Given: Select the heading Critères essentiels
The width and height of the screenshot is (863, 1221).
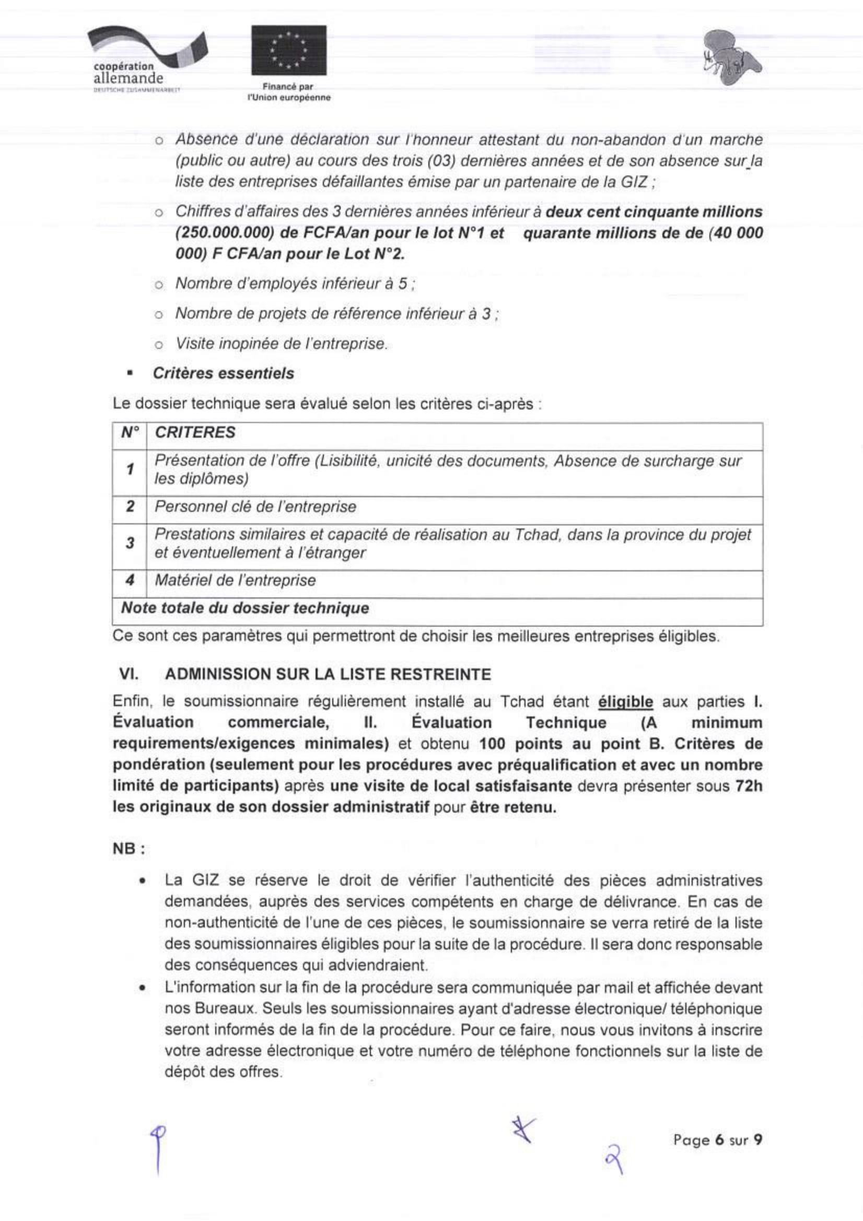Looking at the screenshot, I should pyautogui.click(x=223, y=373).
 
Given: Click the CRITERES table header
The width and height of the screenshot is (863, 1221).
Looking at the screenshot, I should pyautogui.click(x=195, y=432).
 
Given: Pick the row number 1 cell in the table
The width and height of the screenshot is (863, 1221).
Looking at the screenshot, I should pyautogui.click(x=129, y=469).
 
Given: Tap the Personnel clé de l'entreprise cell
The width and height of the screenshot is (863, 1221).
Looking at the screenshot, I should pyautogui.click(x=255, y=506).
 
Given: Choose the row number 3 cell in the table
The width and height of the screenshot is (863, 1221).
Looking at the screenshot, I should pyautogui.click(x=129, y=543).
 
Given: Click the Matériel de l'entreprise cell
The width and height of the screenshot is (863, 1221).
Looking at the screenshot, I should pyautogui.click(x=235, y=580).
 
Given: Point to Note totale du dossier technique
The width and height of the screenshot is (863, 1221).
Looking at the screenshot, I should pyautogui.click(x=245, y=608).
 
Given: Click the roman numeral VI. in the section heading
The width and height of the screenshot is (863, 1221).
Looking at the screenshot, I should pyautogui.click(x=129, y=674).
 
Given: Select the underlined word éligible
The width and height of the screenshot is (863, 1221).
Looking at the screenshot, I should pyautogui.click(x=625, y=702).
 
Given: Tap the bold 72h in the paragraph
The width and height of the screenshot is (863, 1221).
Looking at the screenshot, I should pyautogui.click(x=748, y=786).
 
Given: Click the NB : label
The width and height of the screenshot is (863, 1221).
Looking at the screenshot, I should pyautogui.click(x=129, y=849).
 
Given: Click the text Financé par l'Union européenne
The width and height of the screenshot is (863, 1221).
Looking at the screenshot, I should pyautogui.click(x=288, y=92).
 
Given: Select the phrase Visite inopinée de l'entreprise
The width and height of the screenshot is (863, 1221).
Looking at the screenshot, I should pyautogui.click(x=281, y=344).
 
